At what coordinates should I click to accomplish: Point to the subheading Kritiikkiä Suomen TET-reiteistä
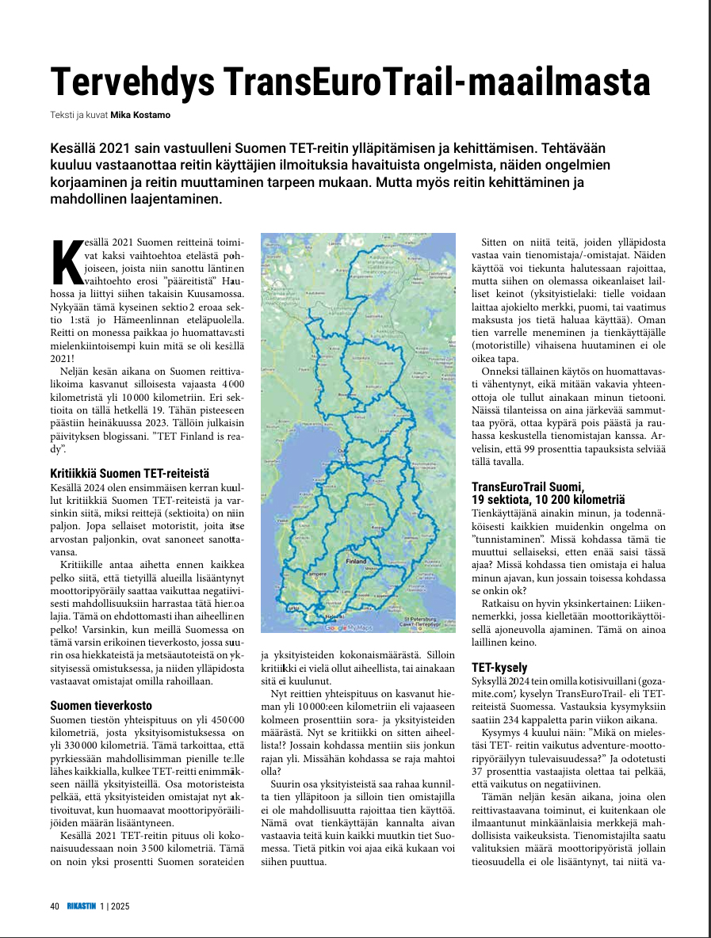(129, 473)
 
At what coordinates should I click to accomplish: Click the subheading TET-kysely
(499, 667)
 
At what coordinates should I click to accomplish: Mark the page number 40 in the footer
(55, 906)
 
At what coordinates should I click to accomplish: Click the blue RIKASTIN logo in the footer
(82, 906)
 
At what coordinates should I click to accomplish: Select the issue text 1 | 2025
(114, 906)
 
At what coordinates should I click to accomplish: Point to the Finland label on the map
(356, 560)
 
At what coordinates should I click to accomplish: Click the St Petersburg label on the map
(425, 619)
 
